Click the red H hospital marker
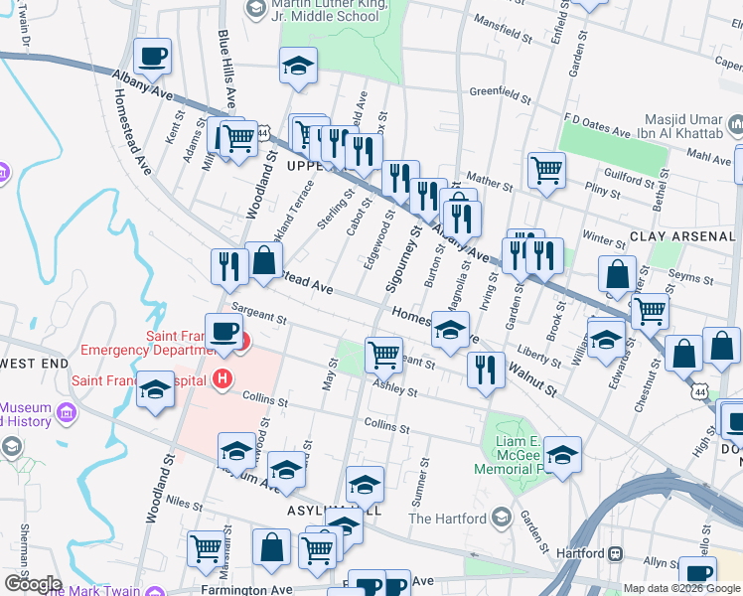coord(223,378)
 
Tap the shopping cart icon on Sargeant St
coord(383,354)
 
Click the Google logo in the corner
coord(33,583)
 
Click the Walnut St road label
coord(532,377)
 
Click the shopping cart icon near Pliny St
coord(545,170)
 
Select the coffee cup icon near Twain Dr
coord(152,57)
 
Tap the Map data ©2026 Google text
coord(682,589)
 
